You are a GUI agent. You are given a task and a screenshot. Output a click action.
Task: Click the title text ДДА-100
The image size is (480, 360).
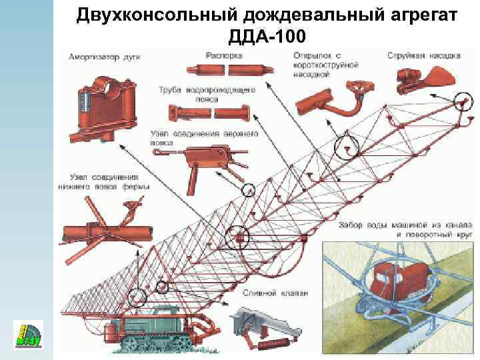point(267,35)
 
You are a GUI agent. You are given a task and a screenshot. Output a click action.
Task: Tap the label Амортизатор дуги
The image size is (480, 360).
point(99,57)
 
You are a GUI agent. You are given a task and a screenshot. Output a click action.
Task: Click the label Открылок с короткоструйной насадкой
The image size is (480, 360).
point(326,65)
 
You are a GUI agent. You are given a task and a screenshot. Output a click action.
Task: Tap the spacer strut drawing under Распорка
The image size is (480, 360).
point(227,69)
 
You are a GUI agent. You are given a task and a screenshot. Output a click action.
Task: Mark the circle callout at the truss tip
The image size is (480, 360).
point(459,101)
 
